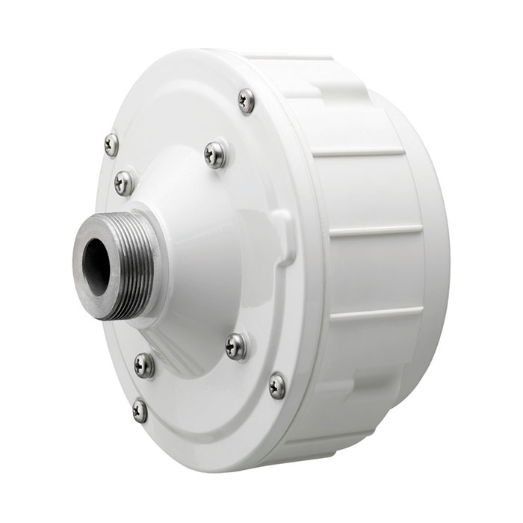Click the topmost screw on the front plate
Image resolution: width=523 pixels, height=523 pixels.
coord(246,101)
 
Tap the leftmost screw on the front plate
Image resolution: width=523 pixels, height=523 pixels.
coord(111,144)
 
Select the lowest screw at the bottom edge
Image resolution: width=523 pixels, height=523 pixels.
coord(140,410)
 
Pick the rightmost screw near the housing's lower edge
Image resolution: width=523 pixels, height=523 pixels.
coord(277,386)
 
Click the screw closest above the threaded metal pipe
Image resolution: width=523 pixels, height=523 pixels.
coord(124,182)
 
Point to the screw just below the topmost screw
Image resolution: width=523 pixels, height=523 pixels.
coord(215,155)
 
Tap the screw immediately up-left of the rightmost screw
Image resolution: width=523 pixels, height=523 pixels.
coord(236,345)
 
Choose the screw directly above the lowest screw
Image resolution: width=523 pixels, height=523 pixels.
coord(144,365)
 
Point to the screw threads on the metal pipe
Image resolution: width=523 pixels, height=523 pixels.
coord(134,261)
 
